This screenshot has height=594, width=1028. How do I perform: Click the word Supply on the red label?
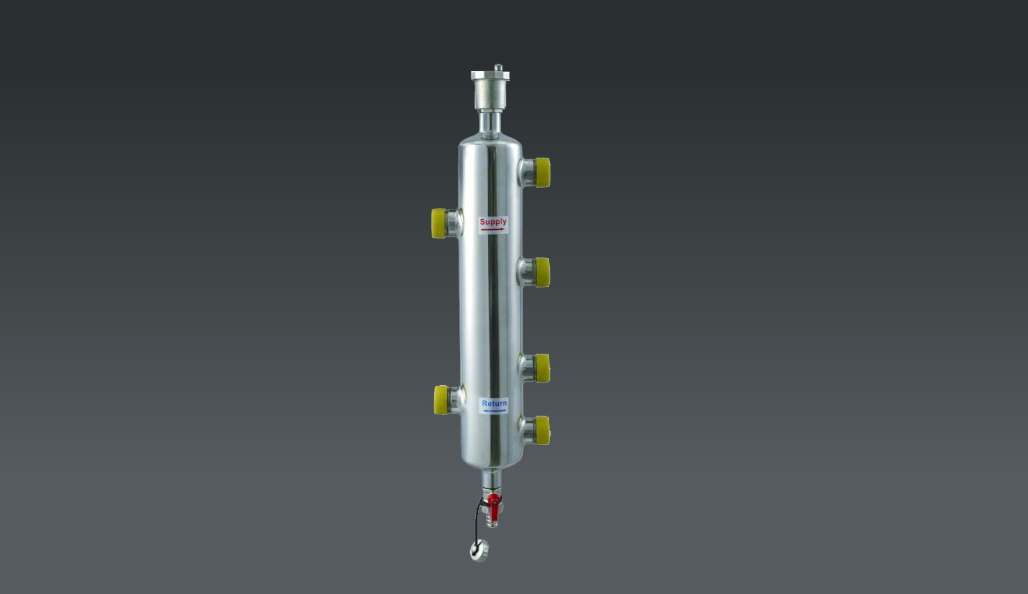(493, 222)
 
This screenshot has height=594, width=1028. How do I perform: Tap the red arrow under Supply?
(493, 230)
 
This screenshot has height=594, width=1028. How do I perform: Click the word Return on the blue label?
(494, 404)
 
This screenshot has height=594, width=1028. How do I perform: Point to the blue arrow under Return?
(494, 411)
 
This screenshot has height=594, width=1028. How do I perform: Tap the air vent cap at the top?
(490, 91)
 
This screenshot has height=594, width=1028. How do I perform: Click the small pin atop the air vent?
(498, 67)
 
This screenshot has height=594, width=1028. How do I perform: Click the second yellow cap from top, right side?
(542, 272)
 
